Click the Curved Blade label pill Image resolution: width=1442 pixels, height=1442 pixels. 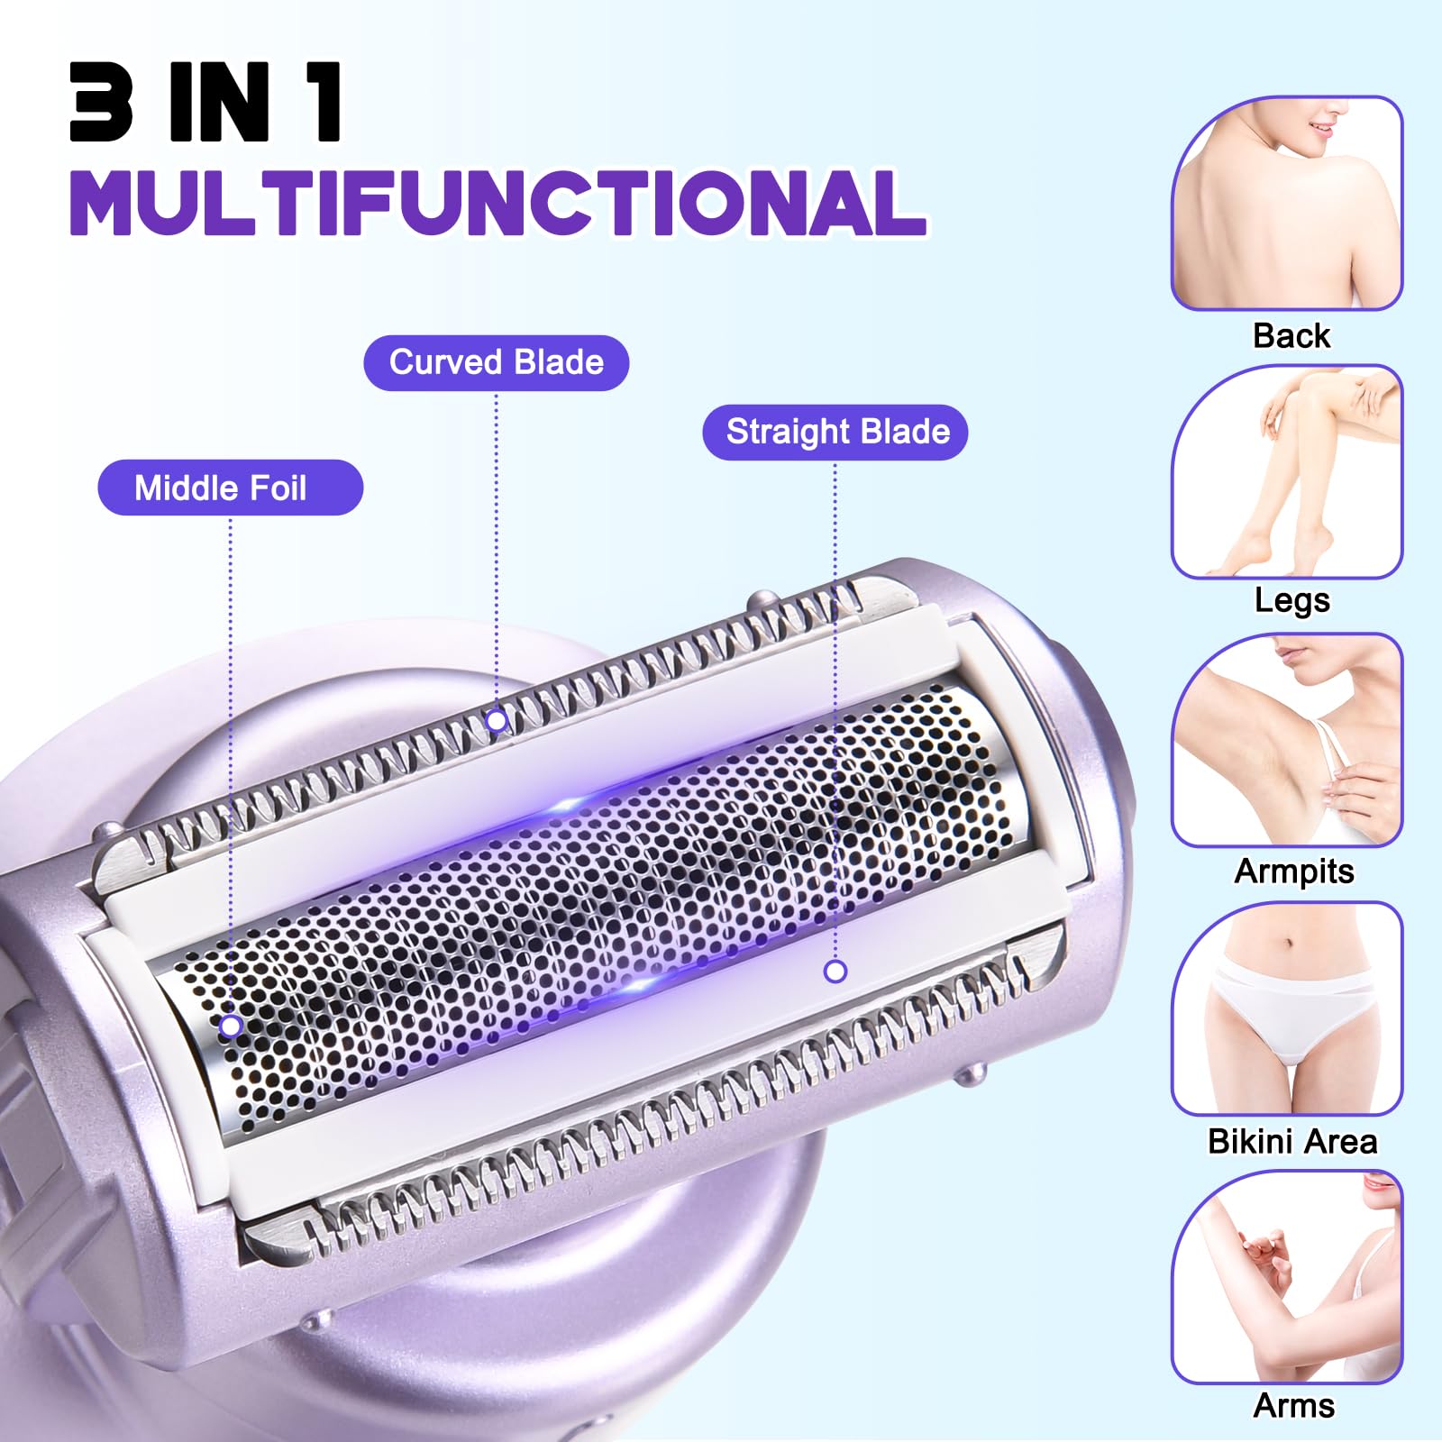(496, 363)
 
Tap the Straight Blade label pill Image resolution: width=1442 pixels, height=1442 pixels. (835, 433)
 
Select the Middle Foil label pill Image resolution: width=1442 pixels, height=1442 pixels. (230, 488)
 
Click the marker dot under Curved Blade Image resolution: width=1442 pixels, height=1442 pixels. (497, 721)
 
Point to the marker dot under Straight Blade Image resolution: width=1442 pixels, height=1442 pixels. (835, 972)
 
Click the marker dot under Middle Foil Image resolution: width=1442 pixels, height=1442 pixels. (231, 1026)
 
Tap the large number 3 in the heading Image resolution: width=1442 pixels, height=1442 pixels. (102, 102)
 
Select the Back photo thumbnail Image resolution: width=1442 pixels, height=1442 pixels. (1287, 204)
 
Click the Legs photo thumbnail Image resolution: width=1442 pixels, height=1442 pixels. (1287, 472)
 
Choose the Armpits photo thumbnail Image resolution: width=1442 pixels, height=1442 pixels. (1287, 741)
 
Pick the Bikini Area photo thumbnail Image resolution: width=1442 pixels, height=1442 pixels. (1287, 1009)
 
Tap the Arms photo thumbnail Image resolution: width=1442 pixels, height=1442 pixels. (1287, 1278)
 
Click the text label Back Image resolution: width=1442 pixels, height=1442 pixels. (1291, 336)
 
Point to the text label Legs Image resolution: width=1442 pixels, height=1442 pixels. (1291, 600)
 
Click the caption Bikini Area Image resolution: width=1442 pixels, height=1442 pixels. (1291, 1142)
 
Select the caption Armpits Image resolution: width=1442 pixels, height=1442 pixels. (1293, 872)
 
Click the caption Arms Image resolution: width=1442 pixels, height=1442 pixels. (1293, 1406)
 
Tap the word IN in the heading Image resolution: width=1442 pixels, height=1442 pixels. (219, 102)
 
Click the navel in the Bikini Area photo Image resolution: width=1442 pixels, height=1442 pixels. (1291, 944)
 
